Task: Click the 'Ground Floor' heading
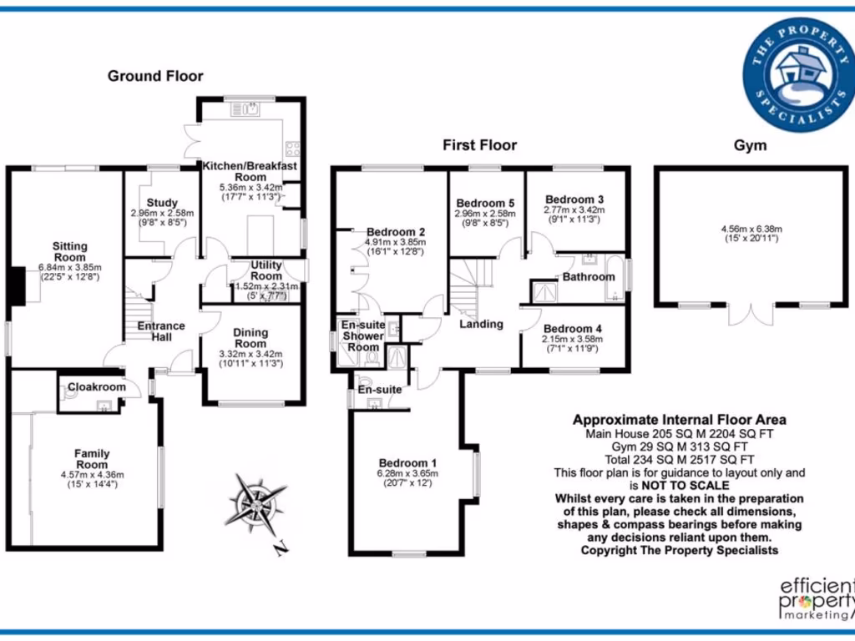click(x=155, y=76)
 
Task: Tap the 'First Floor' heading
click(x=479, y=145)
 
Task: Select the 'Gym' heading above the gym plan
click(x=750, y=145)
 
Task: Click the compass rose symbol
click(x=254, y=503)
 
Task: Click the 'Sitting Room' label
click(x=69, y=251)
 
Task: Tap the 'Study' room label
click(x=162, y=202)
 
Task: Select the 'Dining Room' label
click(x=250, y=337)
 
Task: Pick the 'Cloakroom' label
click(x=97, y=387)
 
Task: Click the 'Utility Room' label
click(x=266, y=270)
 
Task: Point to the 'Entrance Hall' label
click(x=161, y=331)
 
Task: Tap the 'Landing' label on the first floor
click(x=481, y=324)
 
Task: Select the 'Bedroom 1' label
click(x=407, y=463)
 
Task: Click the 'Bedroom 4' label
click(x=573, y=328)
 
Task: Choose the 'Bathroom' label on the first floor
click(x=588, y=276)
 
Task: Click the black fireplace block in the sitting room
click(x=16, y=286)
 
